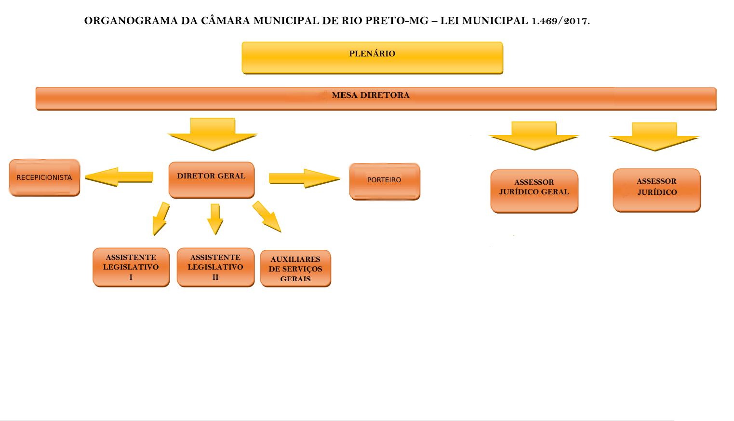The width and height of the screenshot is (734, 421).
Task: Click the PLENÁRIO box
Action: click(372, 58)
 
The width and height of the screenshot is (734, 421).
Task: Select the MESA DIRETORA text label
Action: click(371, 95)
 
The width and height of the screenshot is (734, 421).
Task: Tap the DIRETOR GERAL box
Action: click(212, 180)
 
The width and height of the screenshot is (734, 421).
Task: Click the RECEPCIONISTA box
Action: click(44, 177)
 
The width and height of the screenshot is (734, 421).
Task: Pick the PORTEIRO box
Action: click(385, 181)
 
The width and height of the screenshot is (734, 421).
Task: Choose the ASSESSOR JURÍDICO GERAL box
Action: click(534, 191)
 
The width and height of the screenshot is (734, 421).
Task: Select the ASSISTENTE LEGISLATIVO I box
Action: click(131, 267)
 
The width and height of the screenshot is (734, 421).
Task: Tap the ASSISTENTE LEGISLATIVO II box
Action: click(215, 267)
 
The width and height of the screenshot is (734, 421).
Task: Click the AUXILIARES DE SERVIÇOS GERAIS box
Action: click(295, 269)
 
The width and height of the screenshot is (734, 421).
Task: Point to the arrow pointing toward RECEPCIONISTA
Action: click(119, 177)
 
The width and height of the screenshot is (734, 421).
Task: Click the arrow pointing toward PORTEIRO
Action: click(304, 178)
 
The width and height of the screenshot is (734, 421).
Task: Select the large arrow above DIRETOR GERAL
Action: click(213, 134)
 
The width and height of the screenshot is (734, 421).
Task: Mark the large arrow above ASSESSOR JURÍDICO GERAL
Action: click(534, 136)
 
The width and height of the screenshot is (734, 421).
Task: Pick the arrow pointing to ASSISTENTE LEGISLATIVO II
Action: click(215, 219)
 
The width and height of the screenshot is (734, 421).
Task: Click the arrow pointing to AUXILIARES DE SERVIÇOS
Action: click(267, 217)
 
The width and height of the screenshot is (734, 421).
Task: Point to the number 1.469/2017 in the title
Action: click(561, 21)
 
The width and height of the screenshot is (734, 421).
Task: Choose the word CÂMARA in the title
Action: click(226, 21)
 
